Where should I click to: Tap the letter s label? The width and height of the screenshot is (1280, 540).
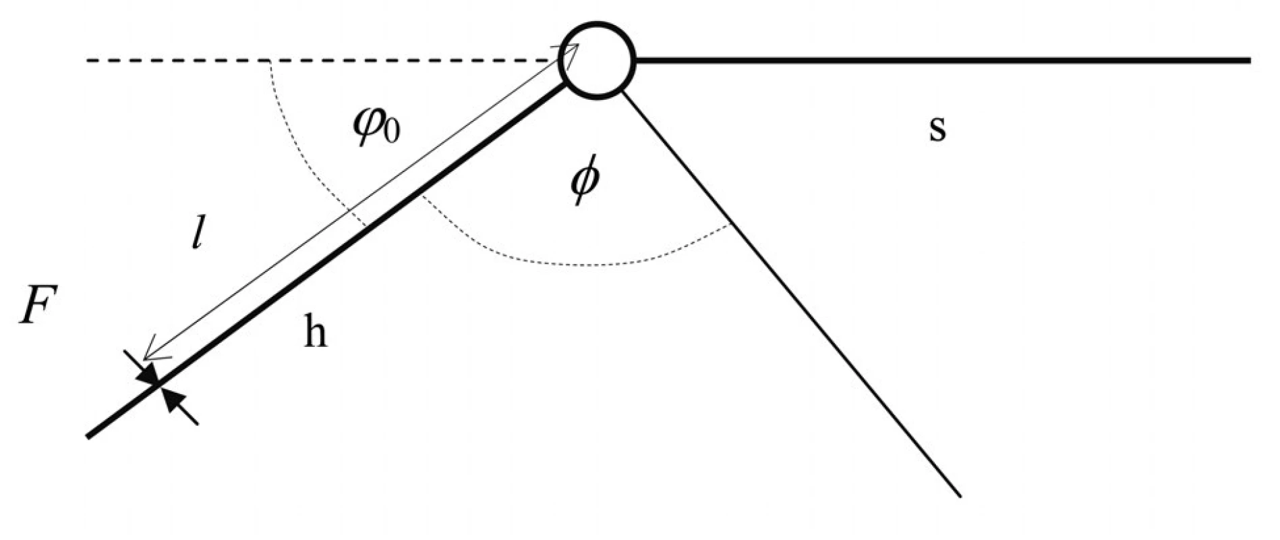[x=937, y=128]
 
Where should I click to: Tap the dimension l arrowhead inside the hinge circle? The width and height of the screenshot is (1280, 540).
[x=572, y=49]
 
